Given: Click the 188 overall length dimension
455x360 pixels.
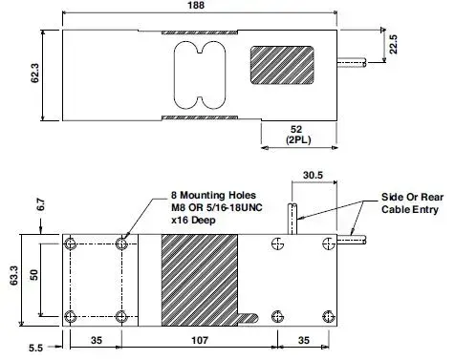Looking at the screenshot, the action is coord(196,6).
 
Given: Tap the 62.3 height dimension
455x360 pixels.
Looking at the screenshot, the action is coord(34,74).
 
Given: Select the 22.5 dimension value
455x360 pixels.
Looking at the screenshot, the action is coord(394,44).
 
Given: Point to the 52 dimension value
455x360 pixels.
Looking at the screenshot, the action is coord(296,129).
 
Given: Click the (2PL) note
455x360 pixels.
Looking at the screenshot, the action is coord(298,139).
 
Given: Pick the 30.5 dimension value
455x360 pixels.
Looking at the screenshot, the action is coord(313,175).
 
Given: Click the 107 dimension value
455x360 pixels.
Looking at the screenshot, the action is coord(200,340).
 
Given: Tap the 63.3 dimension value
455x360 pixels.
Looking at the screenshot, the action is coord(14,275).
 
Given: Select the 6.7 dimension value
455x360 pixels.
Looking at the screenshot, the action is coord(41,204).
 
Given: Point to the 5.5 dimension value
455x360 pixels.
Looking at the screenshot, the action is coord(35,348).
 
